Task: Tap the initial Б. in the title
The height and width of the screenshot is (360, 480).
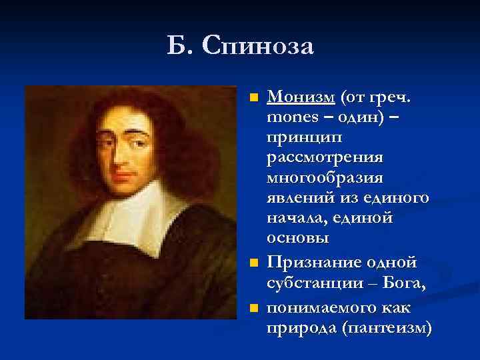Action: pos(181,47)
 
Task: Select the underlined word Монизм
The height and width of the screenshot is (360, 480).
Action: pos(301,98)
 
